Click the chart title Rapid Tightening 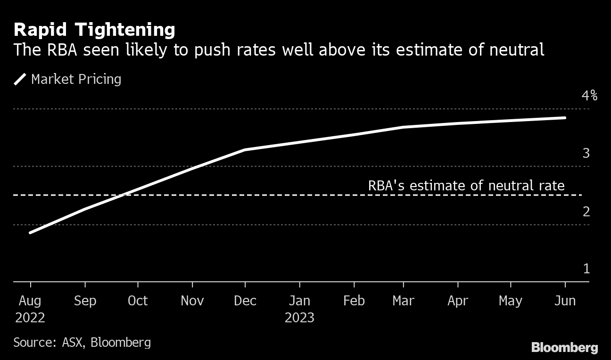click(94, 30)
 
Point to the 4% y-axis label click(589, 96)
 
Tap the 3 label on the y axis click(586, 154)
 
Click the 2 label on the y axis click(586, 212)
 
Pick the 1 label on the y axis click(586, 269)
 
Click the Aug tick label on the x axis click(30, 301)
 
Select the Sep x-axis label click(85, 301)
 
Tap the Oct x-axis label click(138, 301)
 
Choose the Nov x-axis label click(192, 301)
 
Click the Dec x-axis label click(245, 301)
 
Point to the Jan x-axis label click(299, 301)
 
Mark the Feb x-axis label click(354, 301)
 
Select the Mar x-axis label click(404, 301)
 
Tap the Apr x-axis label click(457, 301)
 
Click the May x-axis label click(511, 301)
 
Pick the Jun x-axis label click(565, 301)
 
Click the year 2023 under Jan click(299, 318)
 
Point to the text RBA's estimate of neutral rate click(466, 186)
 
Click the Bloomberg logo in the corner click(564, 348)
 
